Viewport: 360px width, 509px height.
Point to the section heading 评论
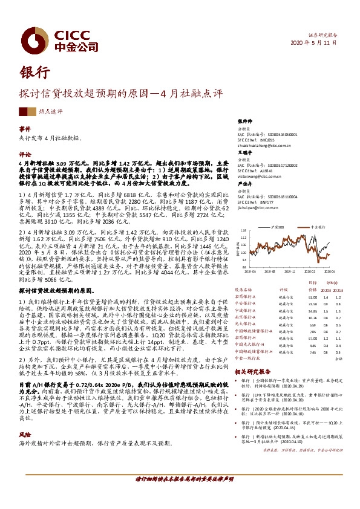pos(24,154)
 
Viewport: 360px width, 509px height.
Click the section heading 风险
pos(24,417)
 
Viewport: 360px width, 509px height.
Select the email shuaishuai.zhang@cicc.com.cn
pos(265,146)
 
